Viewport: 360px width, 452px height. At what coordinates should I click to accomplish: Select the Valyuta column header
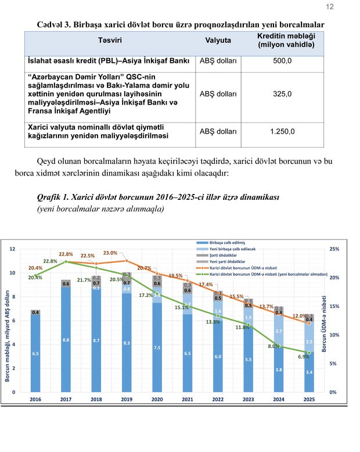[218, 41]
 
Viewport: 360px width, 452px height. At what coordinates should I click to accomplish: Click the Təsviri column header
[109, 41]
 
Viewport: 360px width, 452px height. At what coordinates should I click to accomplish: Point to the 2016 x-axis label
[35, 400]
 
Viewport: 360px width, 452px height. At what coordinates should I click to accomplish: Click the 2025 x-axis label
[309, 400]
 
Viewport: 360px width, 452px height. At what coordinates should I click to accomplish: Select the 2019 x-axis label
[127, 400]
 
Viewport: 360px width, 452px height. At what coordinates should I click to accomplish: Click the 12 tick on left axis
[12, 249]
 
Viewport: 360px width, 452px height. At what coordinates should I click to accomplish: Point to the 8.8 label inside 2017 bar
[66, 340]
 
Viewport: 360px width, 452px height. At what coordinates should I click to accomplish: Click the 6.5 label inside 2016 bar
[35, 353]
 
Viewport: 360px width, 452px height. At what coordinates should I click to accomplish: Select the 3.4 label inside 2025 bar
[309, 372]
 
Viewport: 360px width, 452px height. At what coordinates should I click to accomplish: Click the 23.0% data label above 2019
[110, 253]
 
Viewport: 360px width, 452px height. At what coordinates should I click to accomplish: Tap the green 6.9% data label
[303, 357]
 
